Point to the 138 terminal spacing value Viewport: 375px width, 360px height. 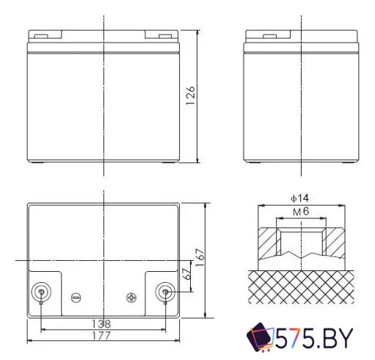pos(103,324)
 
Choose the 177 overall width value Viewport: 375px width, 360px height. pos(103,336)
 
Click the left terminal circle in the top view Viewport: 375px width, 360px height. pos(41,292)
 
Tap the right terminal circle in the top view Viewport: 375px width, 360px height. pos(165,292)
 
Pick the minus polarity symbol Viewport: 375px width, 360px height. pos(75,298)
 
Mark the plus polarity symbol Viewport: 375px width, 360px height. pos(131,298)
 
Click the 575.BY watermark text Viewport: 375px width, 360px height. pos(315,339)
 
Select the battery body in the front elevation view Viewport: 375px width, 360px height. pos(103,103)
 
